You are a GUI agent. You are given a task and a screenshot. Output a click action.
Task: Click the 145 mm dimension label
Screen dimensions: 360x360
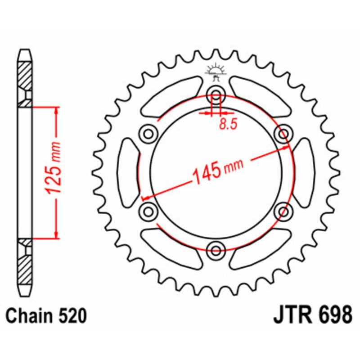click(x=217, y=171)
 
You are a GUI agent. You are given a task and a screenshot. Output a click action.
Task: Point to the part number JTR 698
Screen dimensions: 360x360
click(x=312, y=315)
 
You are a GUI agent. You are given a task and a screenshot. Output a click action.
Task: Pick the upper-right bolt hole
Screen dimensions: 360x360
click(x=283, y=133)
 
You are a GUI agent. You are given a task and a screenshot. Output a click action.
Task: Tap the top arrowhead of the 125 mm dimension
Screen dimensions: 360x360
click(x=56, y=111)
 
